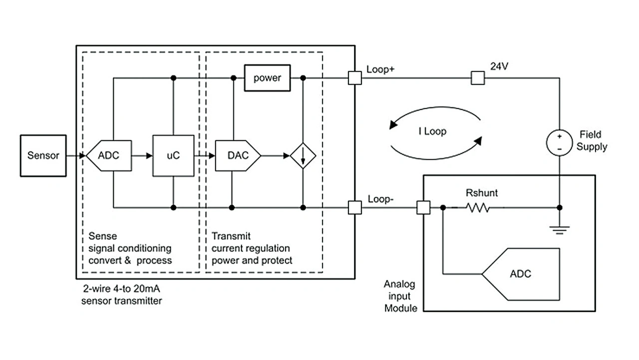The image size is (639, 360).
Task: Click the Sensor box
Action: pos(43,155)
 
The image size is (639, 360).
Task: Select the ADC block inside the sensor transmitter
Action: pos(108,155)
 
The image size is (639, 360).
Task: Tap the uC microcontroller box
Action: pos(173,155)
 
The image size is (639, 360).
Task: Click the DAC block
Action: pos(238,155)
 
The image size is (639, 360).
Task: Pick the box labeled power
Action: pos(267,78)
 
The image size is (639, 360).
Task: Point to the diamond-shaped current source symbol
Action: pos(303,155)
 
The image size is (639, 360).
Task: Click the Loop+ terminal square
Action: pos(354,78)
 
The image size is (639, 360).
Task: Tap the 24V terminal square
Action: pos(478,78)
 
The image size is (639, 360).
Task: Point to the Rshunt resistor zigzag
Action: pos(478,207)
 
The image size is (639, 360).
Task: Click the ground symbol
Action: pos(559,229)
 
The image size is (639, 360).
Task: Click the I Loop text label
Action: pos(432,132)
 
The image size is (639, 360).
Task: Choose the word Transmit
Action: pos(231,236)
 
